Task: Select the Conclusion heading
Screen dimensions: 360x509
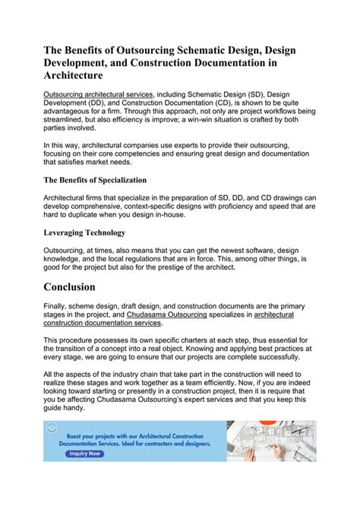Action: pyautogui.click(x=80, y=287)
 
